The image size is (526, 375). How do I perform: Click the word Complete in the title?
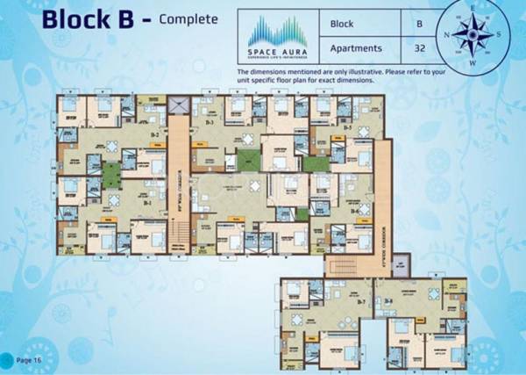click(x=188, y=18)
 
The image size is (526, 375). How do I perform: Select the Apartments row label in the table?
click(x=358, y=49)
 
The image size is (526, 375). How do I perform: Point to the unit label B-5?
click(x=348, y=128)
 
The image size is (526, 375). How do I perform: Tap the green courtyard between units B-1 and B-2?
click(x=111, y=176)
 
